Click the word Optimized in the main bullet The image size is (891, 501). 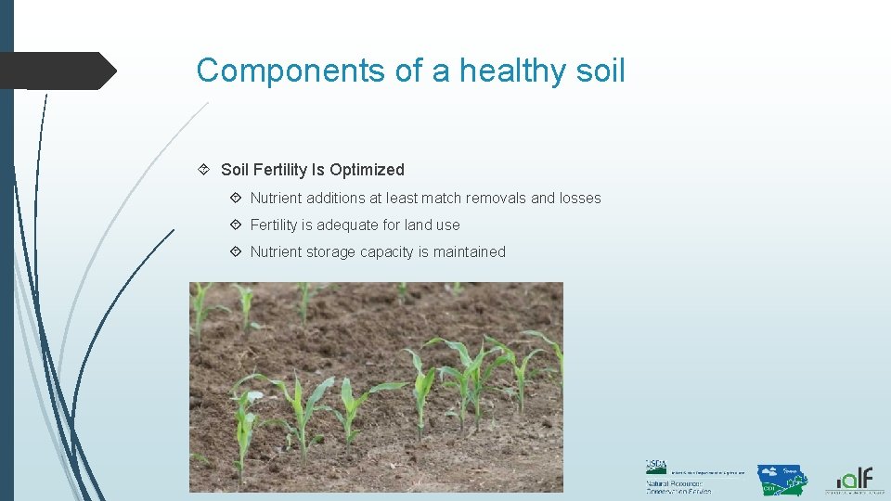coord(367,170)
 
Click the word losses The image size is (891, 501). coord(580,198)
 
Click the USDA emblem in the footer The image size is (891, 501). coord(656,467)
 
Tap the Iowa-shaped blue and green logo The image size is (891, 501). coord(781,479)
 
